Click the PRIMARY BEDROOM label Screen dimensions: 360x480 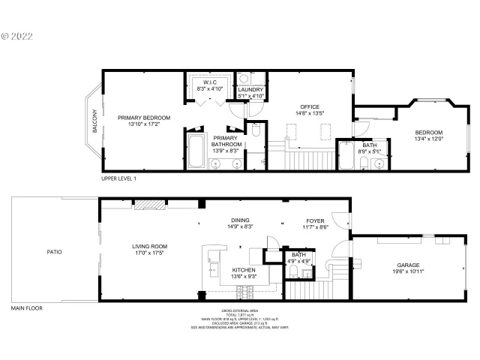point(143,118)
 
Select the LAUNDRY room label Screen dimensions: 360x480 point(250,90)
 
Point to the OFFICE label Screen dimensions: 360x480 point(310,106)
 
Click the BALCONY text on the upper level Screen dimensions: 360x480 point(95,123)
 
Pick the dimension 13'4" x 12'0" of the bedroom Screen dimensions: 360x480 point(430,139)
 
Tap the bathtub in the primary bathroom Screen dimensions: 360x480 point(196,150)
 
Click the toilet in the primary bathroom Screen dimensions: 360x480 point(255,133)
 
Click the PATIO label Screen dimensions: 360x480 point(53,252)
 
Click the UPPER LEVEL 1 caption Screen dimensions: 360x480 point(118,179)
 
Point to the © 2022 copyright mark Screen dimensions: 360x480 point(19,34)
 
